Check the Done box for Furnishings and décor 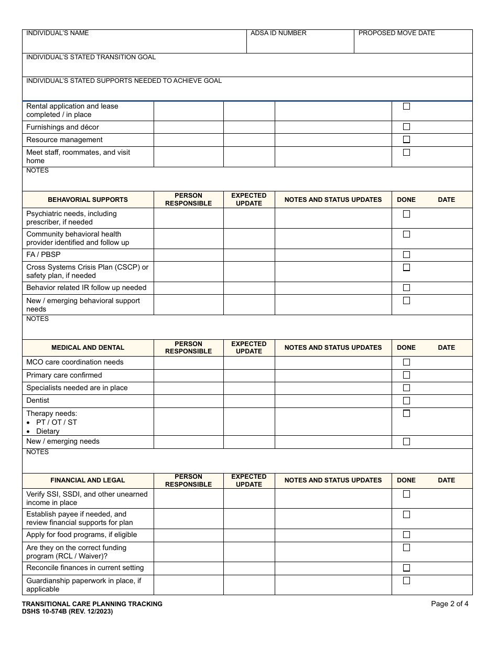406,127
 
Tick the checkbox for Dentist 406,401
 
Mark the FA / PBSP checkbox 406,255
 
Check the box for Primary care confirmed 406,375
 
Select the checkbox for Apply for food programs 406,535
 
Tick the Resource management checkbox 406,140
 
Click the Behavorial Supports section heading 88,200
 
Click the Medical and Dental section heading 88,348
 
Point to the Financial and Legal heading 88,480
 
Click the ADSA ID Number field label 278,33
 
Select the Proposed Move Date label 396,33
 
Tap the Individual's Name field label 58,33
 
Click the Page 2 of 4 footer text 449,604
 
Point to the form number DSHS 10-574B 67,611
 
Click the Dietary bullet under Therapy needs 48,431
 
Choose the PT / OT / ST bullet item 56,422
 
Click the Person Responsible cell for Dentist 188,401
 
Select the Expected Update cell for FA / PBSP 249,255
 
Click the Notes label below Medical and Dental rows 37,452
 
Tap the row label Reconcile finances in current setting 85,568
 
